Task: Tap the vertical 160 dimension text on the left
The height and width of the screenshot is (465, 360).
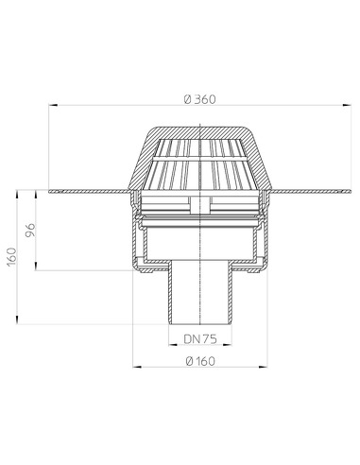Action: point(10,256)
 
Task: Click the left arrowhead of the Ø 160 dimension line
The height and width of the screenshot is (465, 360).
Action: point(133,368)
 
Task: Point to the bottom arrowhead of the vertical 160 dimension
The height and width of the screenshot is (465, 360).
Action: point(19,323)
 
